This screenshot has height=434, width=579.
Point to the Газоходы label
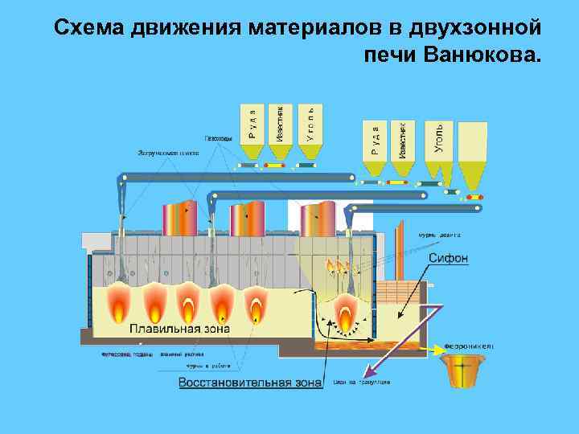[219, 137]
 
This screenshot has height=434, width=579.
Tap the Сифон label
[448, 259]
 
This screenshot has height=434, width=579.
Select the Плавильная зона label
[180, 329]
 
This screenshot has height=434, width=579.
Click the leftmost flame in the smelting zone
[121, 304]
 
